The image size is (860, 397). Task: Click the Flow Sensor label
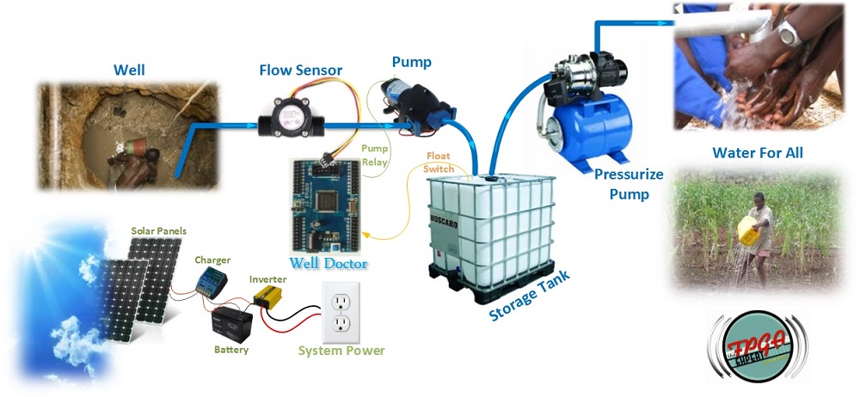coord(301,70)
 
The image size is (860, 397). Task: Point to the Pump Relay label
coord(375,154)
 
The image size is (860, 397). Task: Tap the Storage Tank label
coord(530,296)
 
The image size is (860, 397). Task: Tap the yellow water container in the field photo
coord(746,229)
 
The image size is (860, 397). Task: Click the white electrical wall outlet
coord(341,310)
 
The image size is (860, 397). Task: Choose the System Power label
coord(341,350)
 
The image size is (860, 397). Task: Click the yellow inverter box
coord(271,300)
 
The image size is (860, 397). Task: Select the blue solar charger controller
coord(210,280)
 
